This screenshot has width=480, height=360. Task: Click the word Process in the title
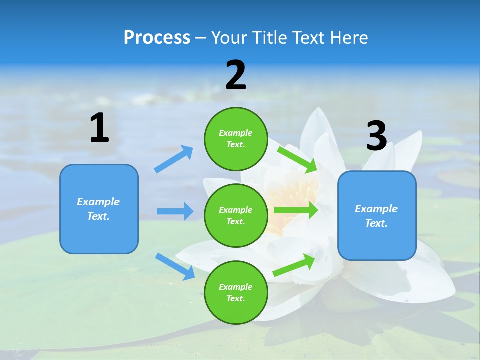(x=157, y=38)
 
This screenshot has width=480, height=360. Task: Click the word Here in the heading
(x=349, y=38)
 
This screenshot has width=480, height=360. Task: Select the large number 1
(x=99, y=128)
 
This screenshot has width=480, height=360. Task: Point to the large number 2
(x=236, y=75)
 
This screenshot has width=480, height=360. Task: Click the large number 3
(x=377, y=136)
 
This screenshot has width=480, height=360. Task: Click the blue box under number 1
(x=99, y=209)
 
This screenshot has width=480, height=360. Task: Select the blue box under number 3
(x=377, y=216)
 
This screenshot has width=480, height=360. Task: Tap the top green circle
(x=236, y=139)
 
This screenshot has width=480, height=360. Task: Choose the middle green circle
(x=236, y=215)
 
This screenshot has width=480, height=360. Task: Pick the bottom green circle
(x=236, y=292)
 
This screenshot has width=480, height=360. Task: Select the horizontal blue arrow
(x=175, y=211)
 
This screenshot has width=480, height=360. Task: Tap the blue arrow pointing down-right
(x=175, y=266)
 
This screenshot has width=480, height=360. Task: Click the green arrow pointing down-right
(x=297, y=159)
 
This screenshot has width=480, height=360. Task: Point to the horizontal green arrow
(x=295, y=210)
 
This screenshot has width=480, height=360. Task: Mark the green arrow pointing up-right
(x=294, y=265)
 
